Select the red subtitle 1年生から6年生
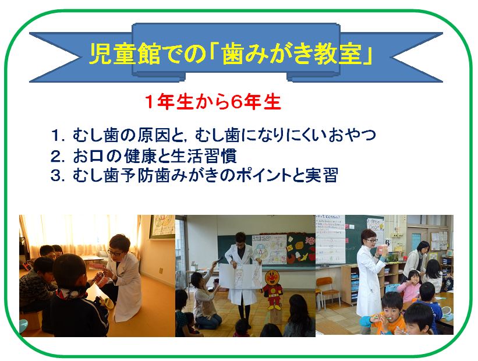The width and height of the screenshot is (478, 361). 213,102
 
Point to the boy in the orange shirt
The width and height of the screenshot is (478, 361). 385,313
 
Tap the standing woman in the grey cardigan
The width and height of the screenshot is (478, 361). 415,261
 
